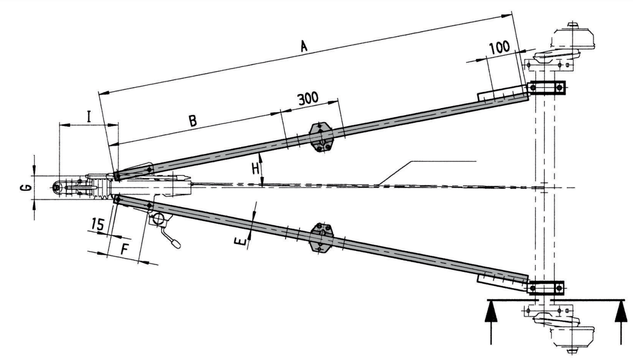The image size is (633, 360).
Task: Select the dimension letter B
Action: coord(193,121)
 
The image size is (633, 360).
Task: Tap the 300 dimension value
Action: coord(308,99)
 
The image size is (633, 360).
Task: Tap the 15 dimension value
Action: coord(98,224)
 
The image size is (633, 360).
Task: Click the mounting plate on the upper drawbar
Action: coord(321,136)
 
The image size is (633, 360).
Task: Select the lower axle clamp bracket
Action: coord(546,288)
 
